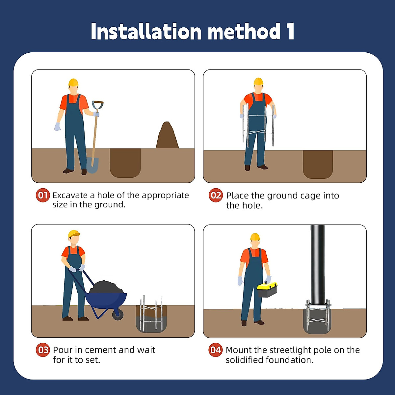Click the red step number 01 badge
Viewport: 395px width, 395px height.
(x=43, y=195)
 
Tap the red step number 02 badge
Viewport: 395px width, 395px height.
(x=216, y=195)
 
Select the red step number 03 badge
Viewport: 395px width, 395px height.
(x=43, y=350)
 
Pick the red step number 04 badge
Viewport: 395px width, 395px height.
(x=215, y=350)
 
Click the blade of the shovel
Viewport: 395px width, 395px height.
(x=93, y=165)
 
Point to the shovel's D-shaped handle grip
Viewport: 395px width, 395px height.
(x=97, y=105)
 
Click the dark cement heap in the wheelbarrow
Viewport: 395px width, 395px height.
(x=107, y=287)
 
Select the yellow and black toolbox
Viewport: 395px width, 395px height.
(x=267, y=289)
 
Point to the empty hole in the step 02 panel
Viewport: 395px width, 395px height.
(x=318, y=164)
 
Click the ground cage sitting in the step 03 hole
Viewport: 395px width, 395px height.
(x=151, y=313)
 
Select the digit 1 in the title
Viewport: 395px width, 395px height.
(x=291, y=31)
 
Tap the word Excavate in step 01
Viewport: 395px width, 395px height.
(x=70, y=195)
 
